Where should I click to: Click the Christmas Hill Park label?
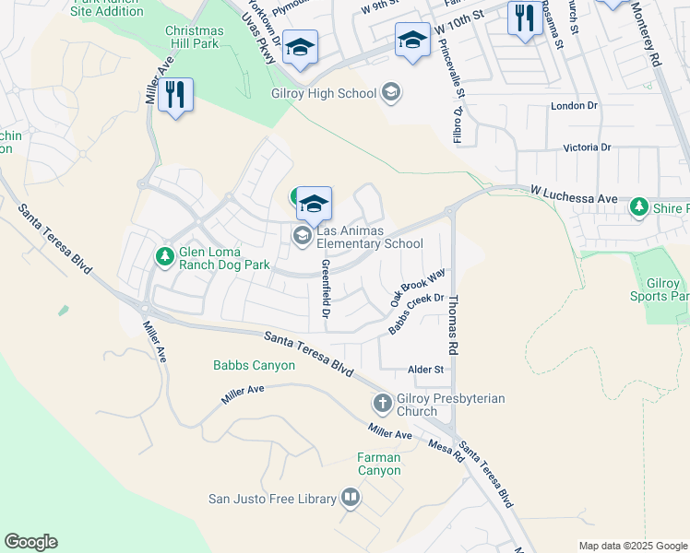(x=194, y=38)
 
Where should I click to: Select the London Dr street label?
(x=574, y=106)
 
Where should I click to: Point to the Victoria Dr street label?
(x=587, y=147)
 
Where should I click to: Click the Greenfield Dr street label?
(x=326, y=288)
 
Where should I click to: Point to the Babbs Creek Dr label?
(x=416, y=314)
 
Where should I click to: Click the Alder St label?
(x=426, y=370)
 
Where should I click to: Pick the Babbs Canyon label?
(x=254, y=366)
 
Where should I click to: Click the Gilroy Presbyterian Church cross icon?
(x=382, y=404)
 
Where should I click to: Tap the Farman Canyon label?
(x=379, y=464)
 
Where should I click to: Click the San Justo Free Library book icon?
(x=351, y=499)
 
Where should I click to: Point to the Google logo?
(x=31, y=542)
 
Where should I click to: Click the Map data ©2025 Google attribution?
(x=632, y=546)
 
